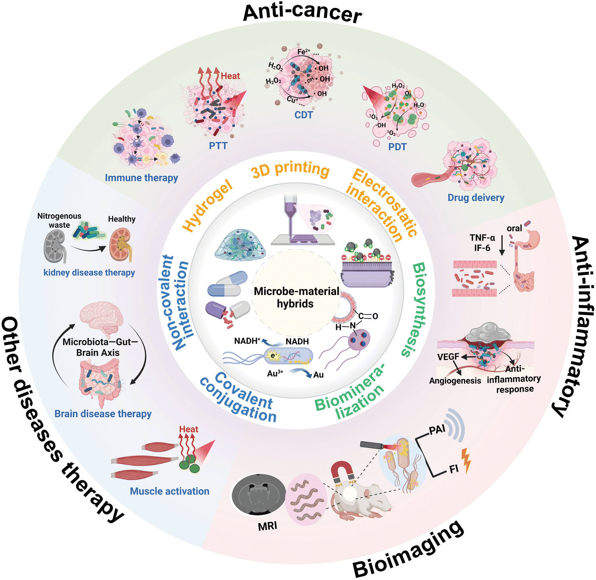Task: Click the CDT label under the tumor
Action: point(304,115)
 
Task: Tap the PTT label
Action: point(218,146)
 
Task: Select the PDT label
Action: point(397,147)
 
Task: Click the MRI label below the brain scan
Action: point(267,526)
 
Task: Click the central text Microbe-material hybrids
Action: point(296,297)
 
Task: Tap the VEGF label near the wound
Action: point(448,357)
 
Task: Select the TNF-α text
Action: point(482,238)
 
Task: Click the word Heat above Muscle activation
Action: point(188,429)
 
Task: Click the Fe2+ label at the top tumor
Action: point(304,52)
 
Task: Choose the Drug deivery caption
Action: point(476,198)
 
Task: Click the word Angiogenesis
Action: point(455,381)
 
